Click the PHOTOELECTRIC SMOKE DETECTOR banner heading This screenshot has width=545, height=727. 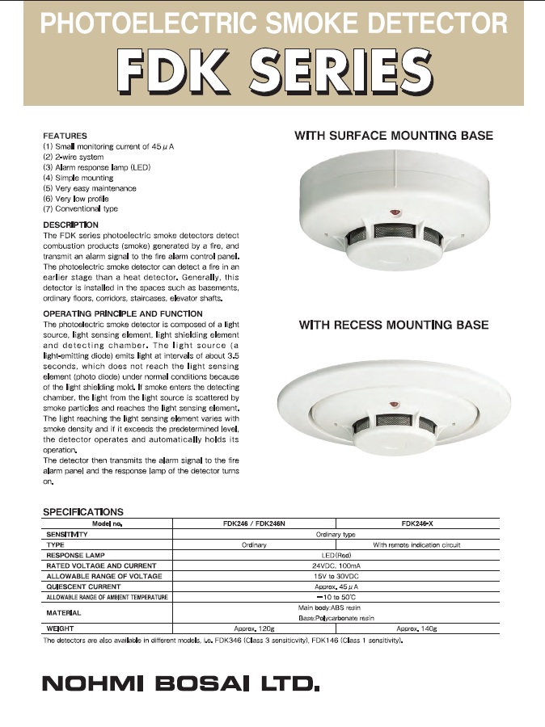[273, 23]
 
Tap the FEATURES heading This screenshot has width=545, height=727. [65, 136]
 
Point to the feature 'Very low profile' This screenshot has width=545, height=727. [81, 199]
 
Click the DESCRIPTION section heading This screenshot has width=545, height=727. [70, 225]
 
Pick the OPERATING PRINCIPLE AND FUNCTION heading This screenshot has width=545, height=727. [122, 313]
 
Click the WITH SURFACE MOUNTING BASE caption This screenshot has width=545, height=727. [394, 136]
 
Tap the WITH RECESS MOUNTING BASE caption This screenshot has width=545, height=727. [394, 325]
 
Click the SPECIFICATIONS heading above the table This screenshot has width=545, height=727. [82, 512]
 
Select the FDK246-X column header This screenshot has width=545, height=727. [416, 523]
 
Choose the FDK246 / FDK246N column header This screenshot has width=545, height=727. [254, 523]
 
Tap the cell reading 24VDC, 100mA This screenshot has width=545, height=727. [336, 565]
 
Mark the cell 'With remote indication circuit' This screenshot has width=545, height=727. [416, 544]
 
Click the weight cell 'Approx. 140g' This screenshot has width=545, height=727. [416, 627]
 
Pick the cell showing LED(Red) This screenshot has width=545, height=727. [336, 555]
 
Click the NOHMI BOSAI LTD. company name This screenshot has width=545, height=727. [180, 685]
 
